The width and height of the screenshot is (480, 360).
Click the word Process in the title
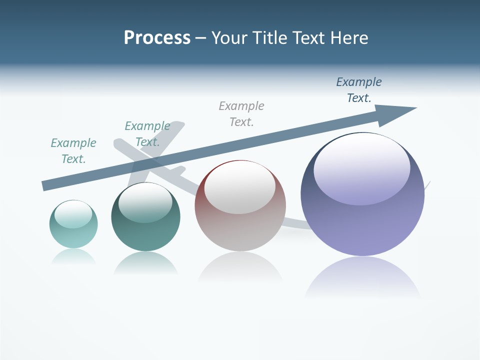(x=157, y=38)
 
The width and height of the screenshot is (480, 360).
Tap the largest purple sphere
(x=362, y=225)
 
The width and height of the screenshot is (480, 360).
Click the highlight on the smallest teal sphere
(x=73, y=214)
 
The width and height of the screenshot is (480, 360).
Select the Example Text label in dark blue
(x=359, y=90)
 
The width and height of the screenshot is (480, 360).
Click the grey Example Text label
(x=241, y=113)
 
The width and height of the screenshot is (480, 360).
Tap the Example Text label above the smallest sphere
(x=73, y=151)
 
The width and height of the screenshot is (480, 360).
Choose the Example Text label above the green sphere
(x=147, y=134)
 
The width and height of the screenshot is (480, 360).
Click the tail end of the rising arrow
(x=46, y=185)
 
